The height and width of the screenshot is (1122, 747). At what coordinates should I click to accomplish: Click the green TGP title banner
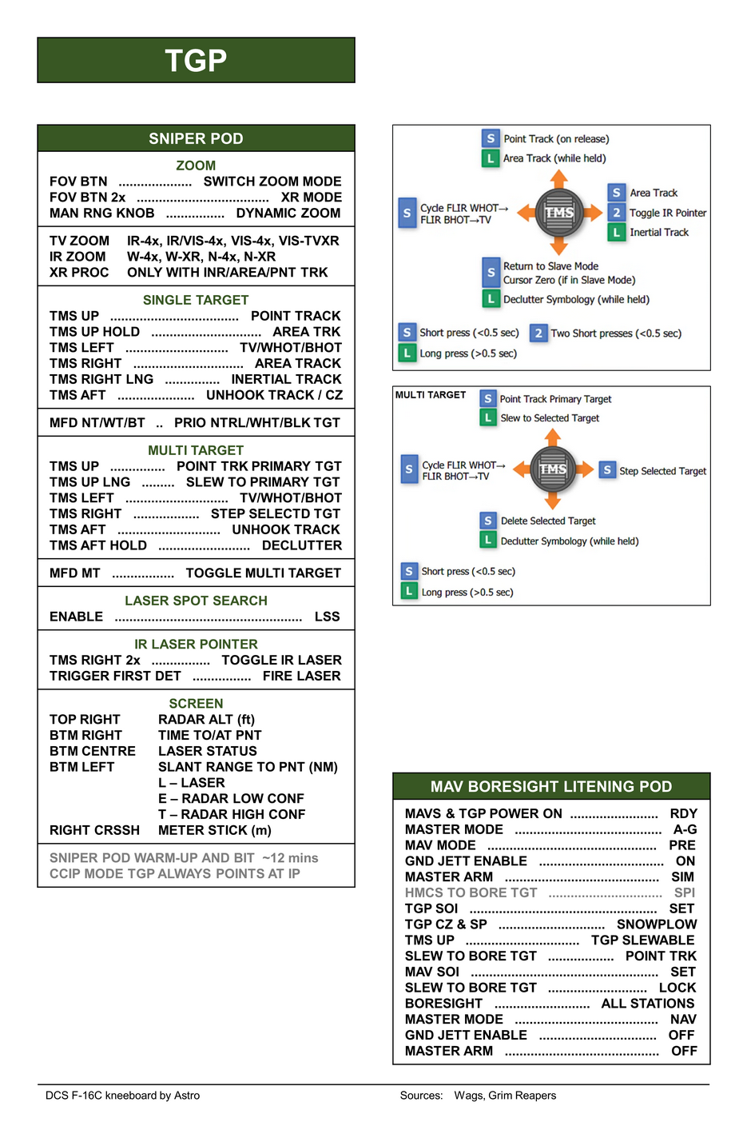196,60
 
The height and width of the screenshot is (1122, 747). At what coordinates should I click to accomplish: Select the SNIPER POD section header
196,138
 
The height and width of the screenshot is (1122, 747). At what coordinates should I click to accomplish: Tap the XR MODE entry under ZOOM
311,198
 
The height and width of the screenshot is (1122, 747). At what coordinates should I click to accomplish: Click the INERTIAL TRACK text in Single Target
286,379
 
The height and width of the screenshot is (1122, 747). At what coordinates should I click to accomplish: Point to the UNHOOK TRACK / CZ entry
274,395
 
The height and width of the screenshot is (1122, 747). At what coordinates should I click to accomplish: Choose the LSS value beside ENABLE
327,617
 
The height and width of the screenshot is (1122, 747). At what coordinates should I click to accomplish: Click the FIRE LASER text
301,676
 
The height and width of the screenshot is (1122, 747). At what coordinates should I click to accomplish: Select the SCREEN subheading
196,704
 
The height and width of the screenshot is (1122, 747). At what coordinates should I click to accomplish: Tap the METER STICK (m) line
214,830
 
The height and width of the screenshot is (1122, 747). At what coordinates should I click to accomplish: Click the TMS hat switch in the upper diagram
559,213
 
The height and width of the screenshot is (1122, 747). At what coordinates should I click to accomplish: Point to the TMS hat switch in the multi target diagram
552,469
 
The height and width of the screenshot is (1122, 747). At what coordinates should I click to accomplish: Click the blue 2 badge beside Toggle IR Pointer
617,213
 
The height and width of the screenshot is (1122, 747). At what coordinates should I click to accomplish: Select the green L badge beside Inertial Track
617,233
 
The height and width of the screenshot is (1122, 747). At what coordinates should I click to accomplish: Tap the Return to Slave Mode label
550,266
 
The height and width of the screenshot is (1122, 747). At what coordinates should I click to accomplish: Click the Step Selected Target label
662,471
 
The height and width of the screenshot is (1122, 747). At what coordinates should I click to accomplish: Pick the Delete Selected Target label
548,521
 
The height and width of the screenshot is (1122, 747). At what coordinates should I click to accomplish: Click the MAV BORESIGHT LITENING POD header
551,787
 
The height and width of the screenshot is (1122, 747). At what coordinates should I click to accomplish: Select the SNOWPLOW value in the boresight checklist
656,924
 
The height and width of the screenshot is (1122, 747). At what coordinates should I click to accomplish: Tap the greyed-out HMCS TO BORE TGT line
471,892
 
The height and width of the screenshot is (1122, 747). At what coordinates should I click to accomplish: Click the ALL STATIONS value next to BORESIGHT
647,1004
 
